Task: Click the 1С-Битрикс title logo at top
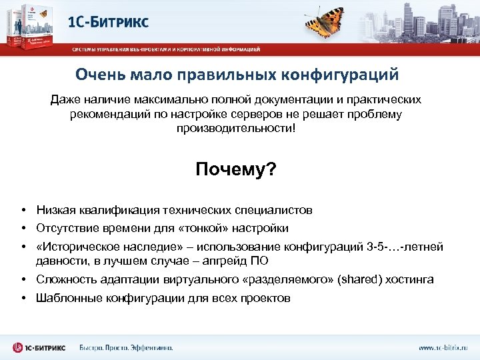109,21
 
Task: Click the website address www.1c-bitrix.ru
443,347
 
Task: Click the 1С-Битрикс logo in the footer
40,347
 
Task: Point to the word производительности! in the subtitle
235,127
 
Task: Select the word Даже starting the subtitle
65,100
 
